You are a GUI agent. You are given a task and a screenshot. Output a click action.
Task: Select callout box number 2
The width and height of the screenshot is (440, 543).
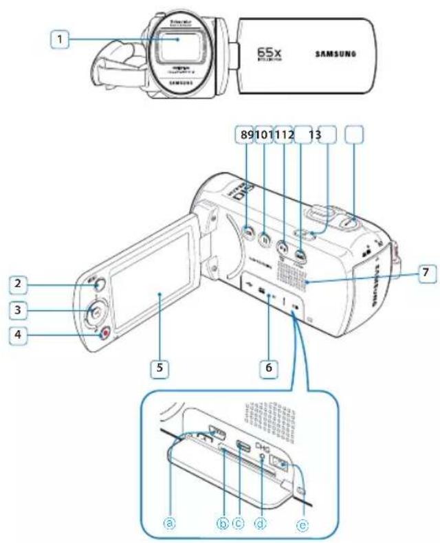16,282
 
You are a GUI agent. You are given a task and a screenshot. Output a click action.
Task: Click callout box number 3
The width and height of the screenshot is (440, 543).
16,309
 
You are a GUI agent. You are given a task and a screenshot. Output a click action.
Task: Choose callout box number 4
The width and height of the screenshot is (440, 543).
16,336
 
